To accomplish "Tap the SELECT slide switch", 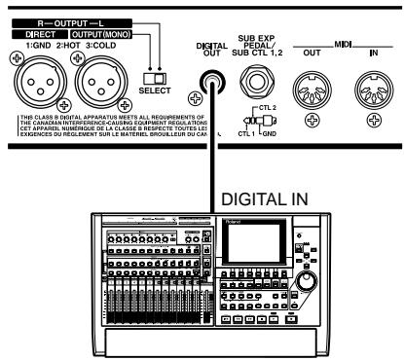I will [150, 76].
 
